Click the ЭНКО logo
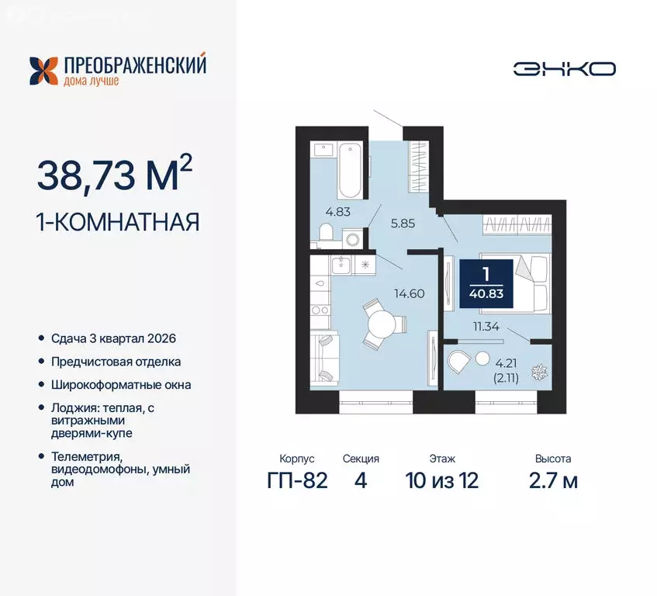(564, 68)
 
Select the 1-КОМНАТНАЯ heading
(118, 223)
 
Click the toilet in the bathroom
(327, 232)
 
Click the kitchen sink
(342, 265)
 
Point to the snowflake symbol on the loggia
(534, 372)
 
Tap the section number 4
(359, 480)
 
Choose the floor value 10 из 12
(441, 480)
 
